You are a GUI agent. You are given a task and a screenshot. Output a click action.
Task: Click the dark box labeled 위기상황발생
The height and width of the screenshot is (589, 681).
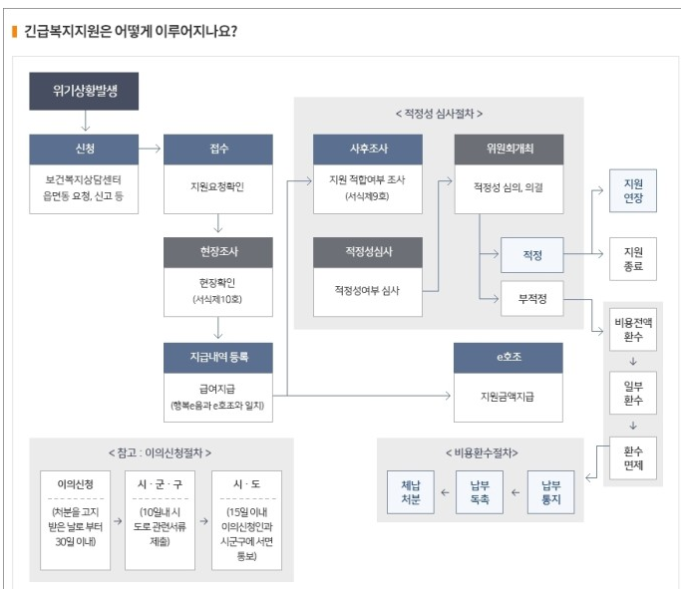[84, 91]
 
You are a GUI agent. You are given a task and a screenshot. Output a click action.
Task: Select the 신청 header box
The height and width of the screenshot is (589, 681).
[84, 148]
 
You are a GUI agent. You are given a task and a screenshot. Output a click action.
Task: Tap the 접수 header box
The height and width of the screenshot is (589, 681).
[217, 148]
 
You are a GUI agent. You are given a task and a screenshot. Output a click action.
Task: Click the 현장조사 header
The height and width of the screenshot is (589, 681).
[217, 252]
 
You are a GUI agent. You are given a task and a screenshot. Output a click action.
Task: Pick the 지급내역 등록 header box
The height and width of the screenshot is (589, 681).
[217, 357]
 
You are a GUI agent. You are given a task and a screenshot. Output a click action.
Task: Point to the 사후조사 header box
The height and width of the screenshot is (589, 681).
[367, 148]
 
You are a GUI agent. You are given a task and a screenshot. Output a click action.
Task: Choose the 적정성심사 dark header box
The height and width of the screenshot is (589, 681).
[367, 252]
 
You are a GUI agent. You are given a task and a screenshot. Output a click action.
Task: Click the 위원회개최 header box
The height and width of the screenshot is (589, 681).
[509, 148]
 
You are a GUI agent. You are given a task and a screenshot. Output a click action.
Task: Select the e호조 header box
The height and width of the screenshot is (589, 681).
[509, 357]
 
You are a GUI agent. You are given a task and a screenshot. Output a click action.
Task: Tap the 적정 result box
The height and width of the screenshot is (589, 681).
[531, 255]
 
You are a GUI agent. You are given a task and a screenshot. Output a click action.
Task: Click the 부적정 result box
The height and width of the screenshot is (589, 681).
[531, 298]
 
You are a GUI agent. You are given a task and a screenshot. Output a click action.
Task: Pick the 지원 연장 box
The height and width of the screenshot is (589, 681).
[633, 191]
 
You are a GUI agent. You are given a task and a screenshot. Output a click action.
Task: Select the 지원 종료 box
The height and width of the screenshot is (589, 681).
[633, 259]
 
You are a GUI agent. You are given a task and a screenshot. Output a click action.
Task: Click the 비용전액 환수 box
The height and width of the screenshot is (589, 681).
[633, 331]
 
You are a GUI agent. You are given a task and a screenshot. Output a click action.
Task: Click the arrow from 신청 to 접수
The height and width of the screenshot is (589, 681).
[151, 148]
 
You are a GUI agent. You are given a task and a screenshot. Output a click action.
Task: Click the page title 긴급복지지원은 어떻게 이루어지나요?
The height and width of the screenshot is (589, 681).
[130, 30]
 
